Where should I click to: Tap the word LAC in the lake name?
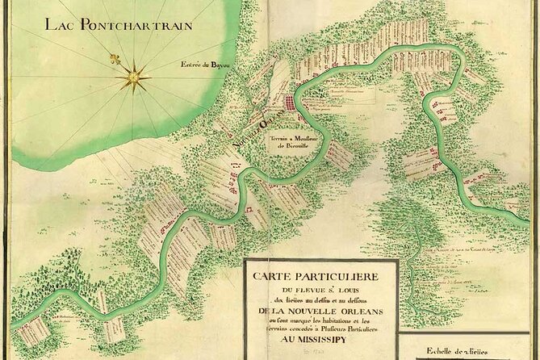pyautogui.click(x=62, y=24)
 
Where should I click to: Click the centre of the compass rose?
pyautogui.click(x=133, y=78)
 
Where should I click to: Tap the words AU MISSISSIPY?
pyautogui.click(x=320, y=340)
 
